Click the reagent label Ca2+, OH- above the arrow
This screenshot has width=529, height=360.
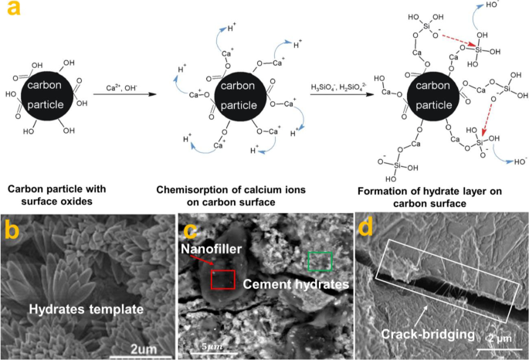[120, 87]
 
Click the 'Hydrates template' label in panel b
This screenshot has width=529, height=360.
[87, 309]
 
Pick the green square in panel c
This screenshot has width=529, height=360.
[319, 261]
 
